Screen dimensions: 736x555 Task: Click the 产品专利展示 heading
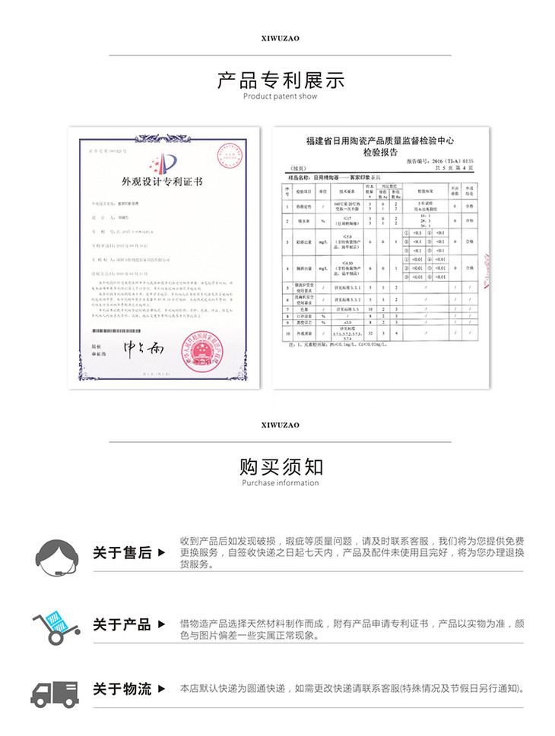[x=281, y=79]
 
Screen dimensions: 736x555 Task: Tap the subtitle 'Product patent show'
[x=281, y=96]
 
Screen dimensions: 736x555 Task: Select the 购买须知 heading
[x=281, y=466]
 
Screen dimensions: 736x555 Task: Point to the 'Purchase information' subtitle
[x=281, y=483]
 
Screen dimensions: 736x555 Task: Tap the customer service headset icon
[x=55, y=551]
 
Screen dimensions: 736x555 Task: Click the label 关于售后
[x=122, y=553]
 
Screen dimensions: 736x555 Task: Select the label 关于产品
[x=122, y=625]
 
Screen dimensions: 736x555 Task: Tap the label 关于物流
[x=122, y=689]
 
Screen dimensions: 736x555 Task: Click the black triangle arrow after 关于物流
[x=160, y=689]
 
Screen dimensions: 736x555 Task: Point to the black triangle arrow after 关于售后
[x=160, y=553]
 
